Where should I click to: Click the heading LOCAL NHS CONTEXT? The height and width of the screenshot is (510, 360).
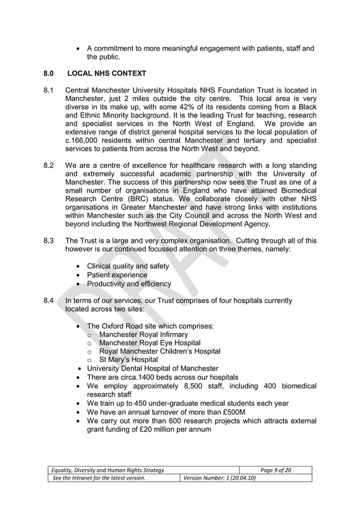coord(107,73)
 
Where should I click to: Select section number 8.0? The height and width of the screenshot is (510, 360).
coord(49,73)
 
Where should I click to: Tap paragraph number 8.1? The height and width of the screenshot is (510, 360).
coord(49,90)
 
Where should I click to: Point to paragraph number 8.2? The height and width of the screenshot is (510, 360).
coord(49,165)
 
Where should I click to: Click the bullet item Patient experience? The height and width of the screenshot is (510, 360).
coord(117,275)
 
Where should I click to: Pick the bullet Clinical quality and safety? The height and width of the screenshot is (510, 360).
coord(128,266)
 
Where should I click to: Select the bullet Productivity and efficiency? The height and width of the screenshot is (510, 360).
coord(129,284)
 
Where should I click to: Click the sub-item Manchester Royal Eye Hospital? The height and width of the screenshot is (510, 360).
coord(150,343)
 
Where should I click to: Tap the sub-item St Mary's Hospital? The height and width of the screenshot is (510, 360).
coord(129,360)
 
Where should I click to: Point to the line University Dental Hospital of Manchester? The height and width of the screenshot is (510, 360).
coord(152,368)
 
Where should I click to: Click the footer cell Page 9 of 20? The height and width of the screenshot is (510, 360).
coord(276,470)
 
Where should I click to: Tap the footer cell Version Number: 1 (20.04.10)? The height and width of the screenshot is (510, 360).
coord(218,478)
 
